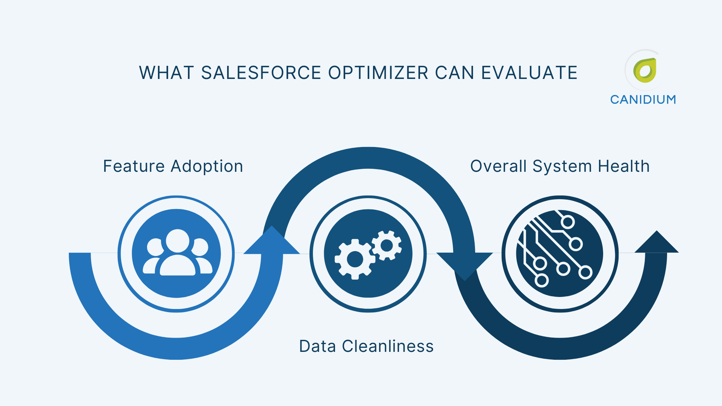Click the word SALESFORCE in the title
click(x=261, y=73)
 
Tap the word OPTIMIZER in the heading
click(x=378, y=73)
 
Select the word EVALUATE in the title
click(x=529, y=73)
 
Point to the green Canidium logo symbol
click(x=645, y=70)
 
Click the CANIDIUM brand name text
click(x=643, y=100)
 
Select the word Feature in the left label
click(x=134, y=166)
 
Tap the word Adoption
click(x=207, y=166)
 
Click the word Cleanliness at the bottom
click(x=388, y=346)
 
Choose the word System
click(x=562, y=166)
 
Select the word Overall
click(x=498, y=166)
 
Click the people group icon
click(x=177, y=253)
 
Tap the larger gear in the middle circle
click(x=355, y=259)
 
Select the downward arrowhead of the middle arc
click(x=465, y=265)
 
